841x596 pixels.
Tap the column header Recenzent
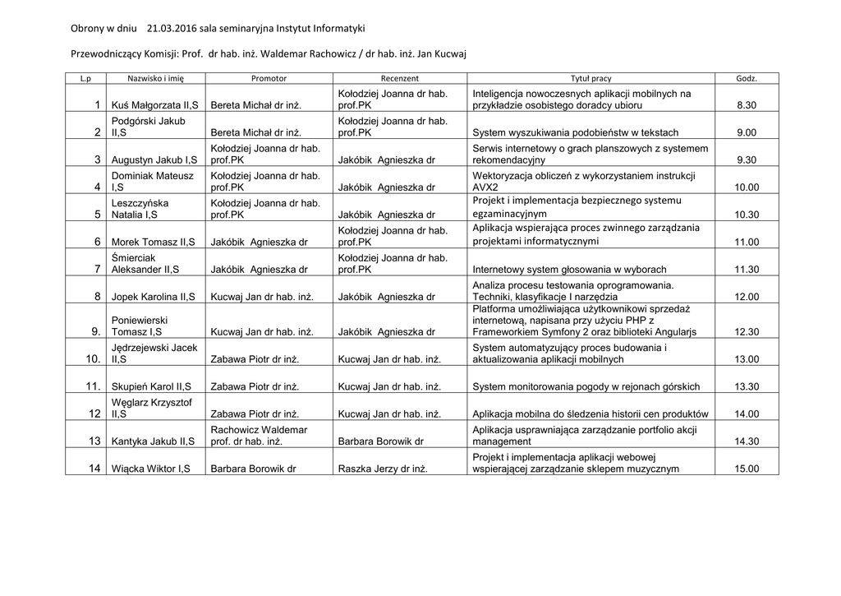[399, 78]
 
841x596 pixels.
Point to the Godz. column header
[747, 78]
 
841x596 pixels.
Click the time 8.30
[747, 105]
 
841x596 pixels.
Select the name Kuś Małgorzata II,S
[154, 105]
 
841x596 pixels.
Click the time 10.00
[747, 187]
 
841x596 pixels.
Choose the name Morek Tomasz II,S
[154, 242]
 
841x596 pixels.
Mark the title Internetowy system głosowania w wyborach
[570, 269]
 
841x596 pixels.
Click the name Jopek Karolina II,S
[154, 297]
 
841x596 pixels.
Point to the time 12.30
[747, 332]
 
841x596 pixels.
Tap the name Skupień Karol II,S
[153, 386]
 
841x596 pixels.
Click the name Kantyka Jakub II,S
[154, 441]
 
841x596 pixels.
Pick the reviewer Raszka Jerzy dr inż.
[383, 469]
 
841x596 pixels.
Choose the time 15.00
[747, 469]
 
